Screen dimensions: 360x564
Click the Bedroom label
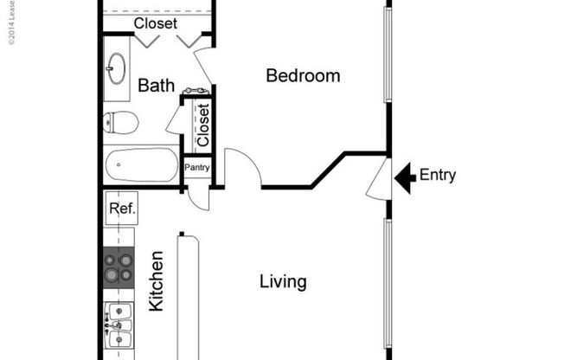pos(303,76)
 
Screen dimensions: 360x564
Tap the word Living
pos(283,282)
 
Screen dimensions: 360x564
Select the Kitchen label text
pos(157,281)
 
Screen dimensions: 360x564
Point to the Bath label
pos(156,86)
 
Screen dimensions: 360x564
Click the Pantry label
pos(196,166)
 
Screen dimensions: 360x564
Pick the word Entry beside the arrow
pos(437,176)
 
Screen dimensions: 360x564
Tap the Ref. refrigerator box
pos(120,209)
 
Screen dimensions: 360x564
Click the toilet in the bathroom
pos(121,123)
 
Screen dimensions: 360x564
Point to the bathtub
pos(141,164)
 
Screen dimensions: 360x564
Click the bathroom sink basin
pos(117,69)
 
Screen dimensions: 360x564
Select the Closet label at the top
pos(156,23)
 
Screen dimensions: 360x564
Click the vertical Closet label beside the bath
pos(202,125)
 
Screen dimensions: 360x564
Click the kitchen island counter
pos(188,294)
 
